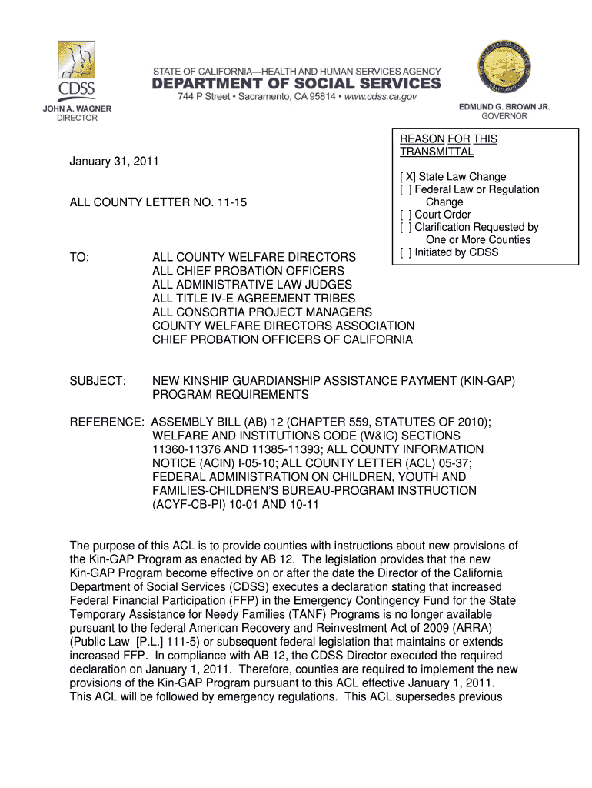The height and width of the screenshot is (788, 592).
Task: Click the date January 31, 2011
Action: (x=115, y=162)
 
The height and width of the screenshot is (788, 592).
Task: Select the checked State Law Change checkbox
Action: (x=405, y=177)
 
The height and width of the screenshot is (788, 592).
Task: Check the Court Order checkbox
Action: (x=405, y=215)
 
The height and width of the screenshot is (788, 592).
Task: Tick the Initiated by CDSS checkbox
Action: (x=405, y=252)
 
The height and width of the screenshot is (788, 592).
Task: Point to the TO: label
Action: (x=80, y=257)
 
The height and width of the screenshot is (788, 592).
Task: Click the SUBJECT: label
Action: (x=98, y=381)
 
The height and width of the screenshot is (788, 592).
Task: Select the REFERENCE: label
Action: (x=107, y=422)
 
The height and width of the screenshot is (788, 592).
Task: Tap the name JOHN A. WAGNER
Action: (x=76, y=109)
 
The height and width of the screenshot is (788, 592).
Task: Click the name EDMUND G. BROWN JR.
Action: (x=504, y=107)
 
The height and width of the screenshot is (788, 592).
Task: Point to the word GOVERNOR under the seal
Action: (x=504, y=116)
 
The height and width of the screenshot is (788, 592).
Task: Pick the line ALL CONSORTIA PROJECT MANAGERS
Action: (x=262, y=312)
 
